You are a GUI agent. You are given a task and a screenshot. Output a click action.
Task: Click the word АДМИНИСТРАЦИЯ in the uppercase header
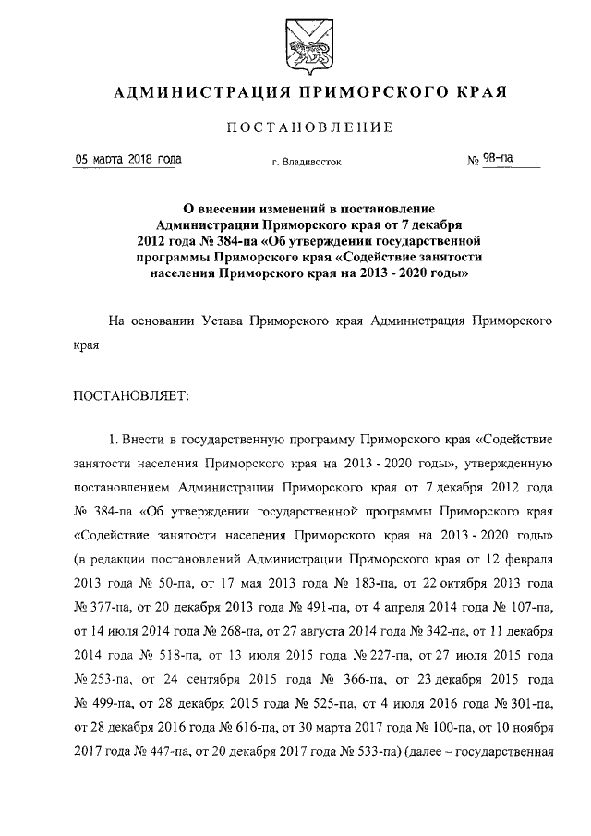coord(187,93)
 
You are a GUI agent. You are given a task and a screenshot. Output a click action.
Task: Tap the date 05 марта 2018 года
coord(128,159)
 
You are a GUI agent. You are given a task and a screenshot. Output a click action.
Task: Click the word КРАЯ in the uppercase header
coord(480,93)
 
